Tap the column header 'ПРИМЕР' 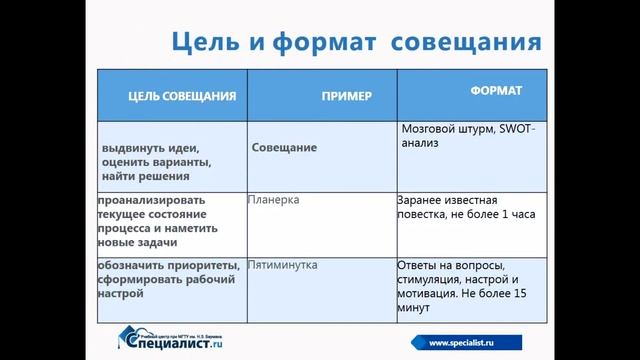click(x=346, y=96)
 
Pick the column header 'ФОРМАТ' click(x=496, y=91)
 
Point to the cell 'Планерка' click(x=273, y=200)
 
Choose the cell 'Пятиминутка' click(x=282, y=265)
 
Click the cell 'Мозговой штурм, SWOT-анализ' click(x=467, y=136)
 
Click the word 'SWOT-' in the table click(x=515, y=130)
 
